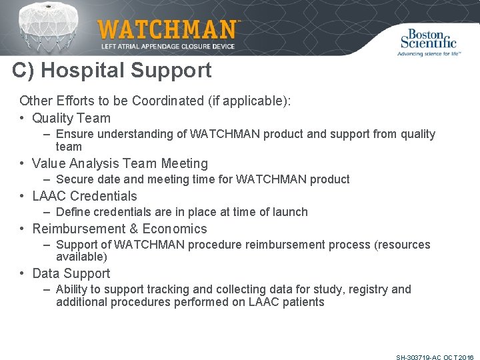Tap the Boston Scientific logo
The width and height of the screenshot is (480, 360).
(429, 41)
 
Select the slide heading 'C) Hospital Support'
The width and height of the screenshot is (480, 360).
(111, 71)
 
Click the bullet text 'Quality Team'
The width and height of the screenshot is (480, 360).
(71, 118)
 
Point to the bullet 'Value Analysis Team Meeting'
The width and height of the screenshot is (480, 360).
(120, 163)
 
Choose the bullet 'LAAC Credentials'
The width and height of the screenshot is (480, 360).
(85, 196)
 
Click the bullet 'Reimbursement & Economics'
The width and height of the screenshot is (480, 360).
(119, 229)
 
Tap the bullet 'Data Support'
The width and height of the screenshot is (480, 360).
(71, 273)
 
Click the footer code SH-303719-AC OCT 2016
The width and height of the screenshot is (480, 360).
(435, 357)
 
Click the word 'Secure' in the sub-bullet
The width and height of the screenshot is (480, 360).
(75, 179)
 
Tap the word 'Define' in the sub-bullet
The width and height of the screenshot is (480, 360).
(73, 212)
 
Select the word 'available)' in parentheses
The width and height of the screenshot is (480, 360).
(81, 257)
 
